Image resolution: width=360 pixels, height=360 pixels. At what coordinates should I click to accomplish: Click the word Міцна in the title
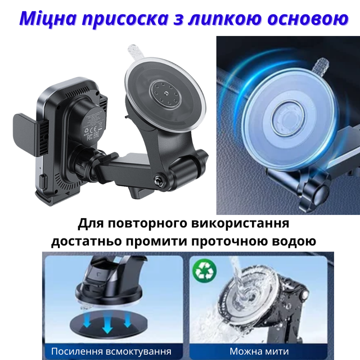pos(48,19)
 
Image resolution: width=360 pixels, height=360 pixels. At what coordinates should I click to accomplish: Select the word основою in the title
pos(308,19)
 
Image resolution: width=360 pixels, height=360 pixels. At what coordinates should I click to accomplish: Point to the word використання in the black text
pos(240,224)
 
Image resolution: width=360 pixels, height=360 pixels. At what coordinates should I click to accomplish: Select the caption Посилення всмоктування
pos(111,352)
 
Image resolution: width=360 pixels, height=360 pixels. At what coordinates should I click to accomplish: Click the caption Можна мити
pos(259,351)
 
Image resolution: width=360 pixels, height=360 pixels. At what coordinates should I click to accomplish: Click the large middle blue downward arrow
pos(107,324)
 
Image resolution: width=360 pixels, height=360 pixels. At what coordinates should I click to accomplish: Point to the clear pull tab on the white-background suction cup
pos(136,52)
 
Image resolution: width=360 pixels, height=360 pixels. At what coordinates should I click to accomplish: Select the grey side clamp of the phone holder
pos(25,135)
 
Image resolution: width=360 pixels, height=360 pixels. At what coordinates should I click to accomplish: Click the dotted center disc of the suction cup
pos(165,94)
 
